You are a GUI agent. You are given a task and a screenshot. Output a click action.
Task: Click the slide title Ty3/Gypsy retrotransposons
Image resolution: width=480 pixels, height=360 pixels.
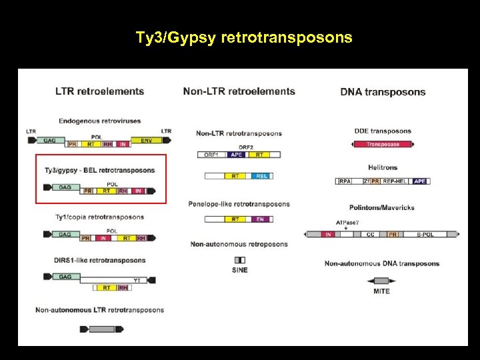tap(244, 37)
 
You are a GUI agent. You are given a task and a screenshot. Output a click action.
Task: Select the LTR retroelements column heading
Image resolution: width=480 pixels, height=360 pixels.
tap(99, 91)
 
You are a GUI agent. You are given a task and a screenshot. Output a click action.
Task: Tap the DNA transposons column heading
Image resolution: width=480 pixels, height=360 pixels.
tap(383, 92)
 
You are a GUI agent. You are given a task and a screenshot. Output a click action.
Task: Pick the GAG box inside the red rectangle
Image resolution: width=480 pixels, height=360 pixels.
tap(65, 187)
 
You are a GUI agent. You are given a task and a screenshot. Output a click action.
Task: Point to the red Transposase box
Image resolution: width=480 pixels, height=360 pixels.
tap(383, 143)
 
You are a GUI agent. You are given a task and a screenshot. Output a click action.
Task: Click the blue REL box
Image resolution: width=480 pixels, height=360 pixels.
tap(261, 176)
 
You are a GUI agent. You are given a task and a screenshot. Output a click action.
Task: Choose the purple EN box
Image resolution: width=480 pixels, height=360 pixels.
tap(259, 219)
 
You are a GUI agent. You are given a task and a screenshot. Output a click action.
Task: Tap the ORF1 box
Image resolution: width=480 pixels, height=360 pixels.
tap(212, 155)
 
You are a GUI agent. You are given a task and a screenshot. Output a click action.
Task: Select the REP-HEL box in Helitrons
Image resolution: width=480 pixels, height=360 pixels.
tap(396, 181)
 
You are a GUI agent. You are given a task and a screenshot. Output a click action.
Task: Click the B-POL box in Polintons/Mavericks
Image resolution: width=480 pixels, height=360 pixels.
tap(425, 235)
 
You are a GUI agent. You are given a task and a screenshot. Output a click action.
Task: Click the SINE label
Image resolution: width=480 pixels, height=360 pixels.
tap(240, 270)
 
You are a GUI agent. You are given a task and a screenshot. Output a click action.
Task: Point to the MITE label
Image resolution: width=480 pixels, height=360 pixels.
tap(382, 291)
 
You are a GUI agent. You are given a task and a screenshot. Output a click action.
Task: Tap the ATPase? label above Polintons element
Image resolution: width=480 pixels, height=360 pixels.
tap(346, 222)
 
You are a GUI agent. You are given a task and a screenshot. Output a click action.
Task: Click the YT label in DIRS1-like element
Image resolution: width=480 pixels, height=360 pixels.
tap(137, 280)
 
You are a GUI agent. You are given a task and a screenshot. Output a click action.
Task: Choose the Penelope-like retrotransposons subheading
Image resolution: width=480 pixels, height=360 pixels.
tap(239, 204)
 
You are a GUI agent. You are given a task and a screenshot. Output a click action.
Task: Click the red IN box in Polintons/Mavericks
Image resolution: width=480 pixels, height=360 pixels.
tap(328, 235)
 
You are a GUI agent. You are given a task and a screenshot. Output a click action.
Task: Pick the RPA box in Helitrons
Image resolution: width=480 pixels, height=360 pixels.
tap(345, 181)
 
